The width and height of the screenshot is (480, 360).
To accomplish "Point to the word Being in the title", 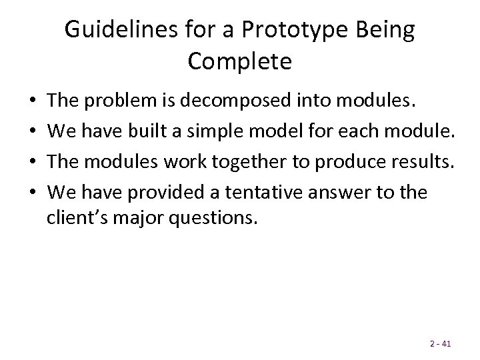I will tap(391, 31).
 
